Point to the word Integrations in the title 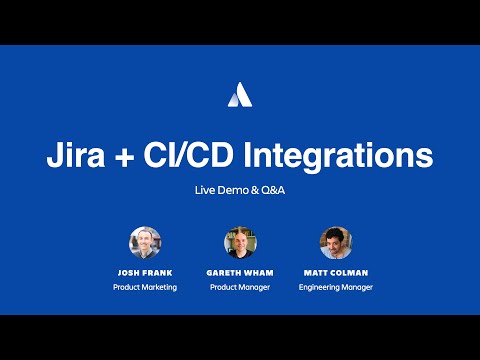[x=346, y=156]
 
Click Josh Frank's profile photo [x=145, y=242]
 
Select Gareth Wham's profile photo [x=240, y=242]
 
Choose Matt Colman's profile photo [x=335, y=242]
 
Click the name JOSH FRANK [x=145, y=272]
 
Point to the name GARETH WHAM [x=240, y=272]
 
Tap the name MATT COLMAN [x=335, y=272]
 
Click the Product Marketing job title [x=145, y=287]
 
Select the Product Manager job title [x=240, y=287]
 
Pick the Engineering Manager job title [x=335, y=287]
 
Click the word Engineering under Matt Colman [x=320, y=287]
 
